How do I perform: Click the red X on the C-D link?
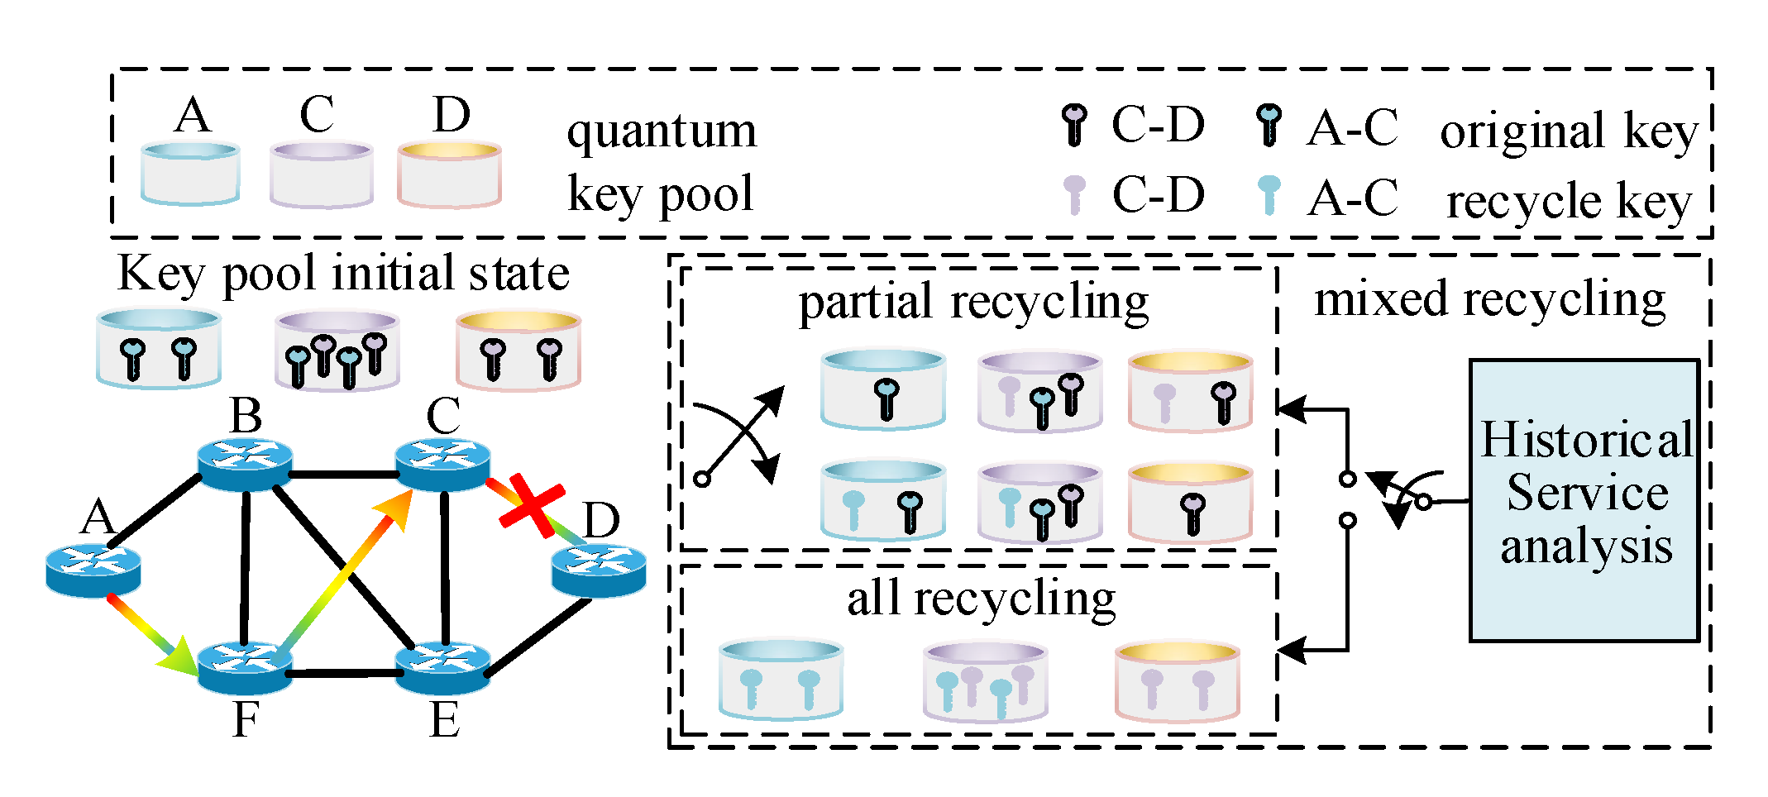pyautogui.click(x=532, y=505)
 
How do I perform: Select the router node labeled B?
pyautogui.click(x=245, y=463)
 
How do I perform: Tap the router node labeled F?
pyautogui.click(x=245, y=668)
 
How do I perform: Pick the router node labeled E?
pyautogui.click(x=443, y=668)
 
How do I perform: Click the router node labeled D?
pyautogui.click(x=599, y=570)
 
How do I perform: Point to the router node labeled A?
pyautogui.click(x=93, y=570)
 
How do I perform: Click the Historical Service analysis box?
pyautogui.click(x=1584, y=499)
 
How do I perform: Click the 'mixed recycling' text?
pyautogui.click(x=1489, y=298)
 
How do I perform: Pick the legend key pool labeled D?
pyautogui.click(x=449, y=174)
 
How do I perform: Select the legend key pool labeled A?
pyautogui.click(x=190, y=174)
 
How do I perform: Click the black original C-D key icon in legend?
pyautogui.click(x=1074, y=125)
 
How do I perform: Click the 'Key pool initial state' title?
pyautogui.click(x=343, y=273)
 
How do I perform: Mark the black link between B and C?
pyautogui.click(x=344, y=475)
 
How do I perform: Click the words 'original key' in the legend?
pyautogui.click(x=1568, y=131)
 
